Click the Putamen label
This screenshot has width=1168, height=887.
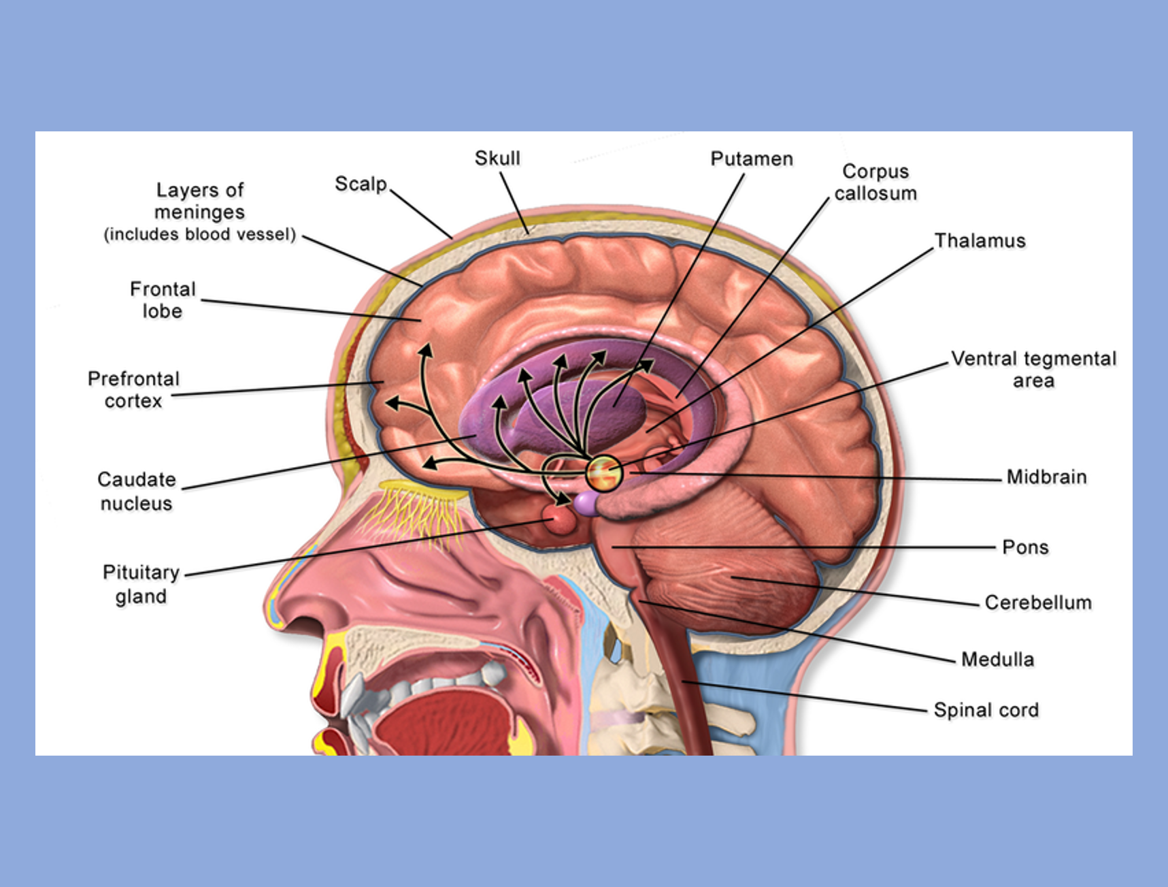click(x=752, y=159)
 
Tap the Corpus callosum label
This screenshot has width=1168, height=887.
click(x=875, y=182)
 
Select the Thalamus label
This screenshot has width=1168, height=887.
click(x=980, y=241)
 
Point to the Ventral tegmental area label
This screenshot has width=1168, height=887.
click(x=1033, y=369)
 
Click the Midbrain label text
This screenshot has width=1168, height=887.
click(x=1046, y=477)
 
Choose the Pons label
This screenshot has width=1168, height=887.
click(x=1025, y=547)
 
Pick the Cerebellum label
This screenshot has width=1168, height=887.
click(x=1038, y=602)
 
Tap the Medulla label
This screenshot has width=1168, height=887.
click(x=997, y=660)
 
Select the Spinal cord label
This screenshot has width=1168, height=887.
click(x=986, y=710)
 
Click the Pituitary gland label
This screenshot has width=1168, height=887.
click(x=141, y=584)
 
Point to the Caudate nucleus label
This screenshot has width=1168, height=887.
click(x=137, y=491)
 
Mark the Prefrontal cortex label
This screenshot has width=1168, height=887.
click(x=133, y=389)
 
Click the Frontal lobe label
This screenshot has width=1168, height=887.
click(x=163, y=300)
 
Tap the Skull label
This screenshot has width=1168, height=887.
click(x=497, y=159)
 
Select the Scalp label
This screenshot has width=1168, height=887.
click(x=361, y=184)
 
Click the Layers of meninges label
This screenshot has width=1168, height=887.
click(x=199, y=211)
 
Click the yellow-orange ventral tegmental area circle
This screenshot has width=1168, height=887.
click(x=603, y=472)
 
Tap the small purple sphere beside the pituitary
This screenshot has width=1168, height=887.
click(x=586, y=504)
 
